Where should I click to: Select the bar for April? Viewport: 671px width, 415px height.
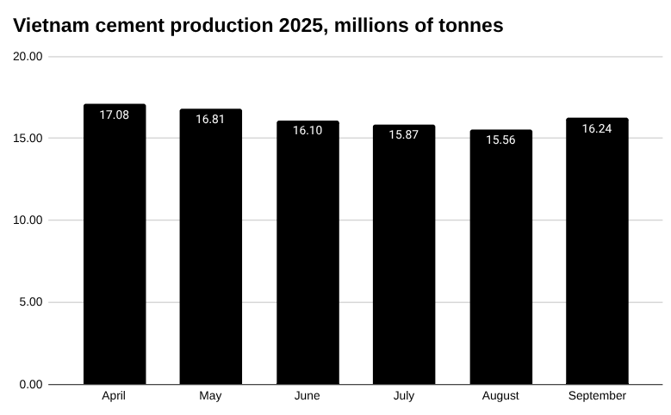[115, 250]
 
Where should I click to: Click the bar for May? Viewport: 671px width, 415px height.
[210, 250]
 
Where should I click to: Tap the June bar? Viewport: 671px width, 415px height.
[308, 254]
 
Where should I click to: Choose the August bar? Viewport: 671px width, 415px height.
[500, 258]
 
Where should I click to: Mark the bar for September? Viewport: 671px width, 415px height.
[597, 254]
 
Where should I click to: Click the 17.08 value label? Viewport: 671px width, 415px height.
[115, 115]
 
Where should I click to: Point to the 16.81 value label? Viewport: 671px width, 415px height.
[210, 119]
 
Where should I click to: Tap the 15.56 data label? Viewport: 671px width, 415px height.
[500, 139]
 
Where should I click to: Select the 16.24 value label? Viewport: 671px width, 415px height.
[597, 128]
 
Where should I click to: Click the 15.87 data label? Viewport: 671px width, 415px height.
[404, 134]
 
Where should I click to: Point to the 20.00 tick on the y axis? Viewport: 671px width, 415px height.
[28, 57]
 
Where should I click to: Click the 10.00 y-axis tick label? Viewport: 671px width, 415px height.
[28, 220]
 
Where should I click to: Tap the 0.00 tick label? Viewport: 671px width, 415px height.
[31, 384]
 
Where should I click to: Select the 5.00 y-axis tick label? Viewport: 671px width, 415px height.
[31, 302]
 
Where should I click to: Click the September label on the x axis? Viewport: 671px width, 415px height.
[597, 396]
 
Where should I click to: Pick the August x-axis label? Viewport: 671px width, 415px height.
[500, 396]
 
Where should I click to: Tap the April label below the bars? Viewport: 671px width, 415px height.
[115, 396]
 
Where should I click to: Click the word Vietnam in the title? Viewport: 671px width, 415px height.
[51, 26]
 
